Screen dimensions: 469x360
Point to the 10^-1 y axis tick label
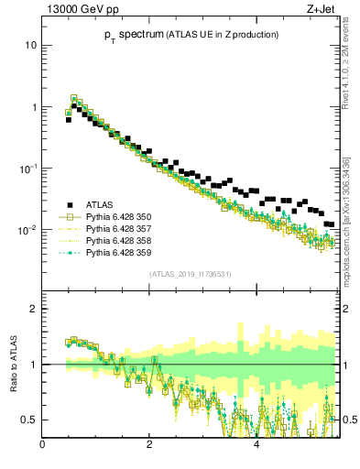[x=28, y=169]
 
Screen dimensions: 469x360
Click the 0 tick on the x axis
[x=43, y=446]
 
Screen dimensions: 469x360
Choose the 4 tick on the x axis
[x=256, y=446]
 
